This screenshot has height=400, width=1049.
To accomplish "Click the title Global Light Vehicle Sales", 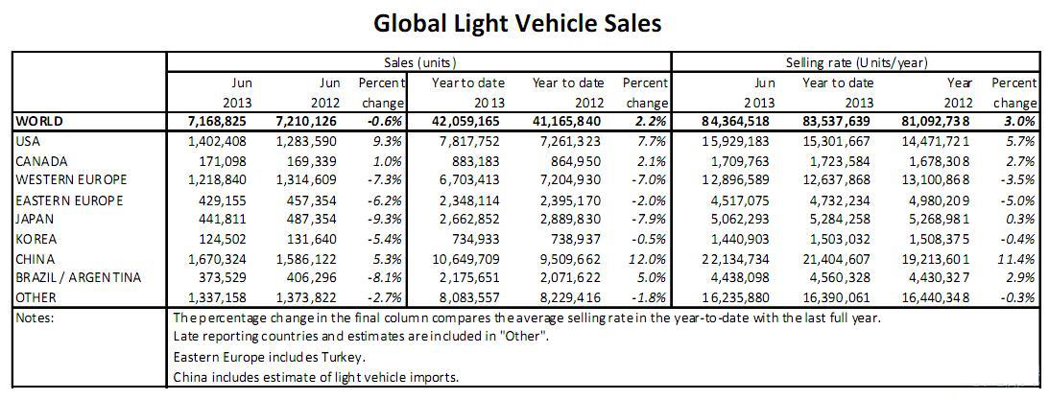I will point(517,23).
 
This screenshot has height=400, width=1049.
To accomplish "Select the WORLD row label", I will point(42,122).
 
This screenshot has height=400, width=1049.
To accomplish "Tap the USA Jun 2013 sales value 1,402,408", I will point(221,141).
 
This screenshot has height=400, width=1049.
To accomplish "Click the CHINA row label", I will point(36,259).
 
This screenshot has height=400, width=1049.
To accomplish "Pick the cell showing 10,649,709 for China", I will point(467,259).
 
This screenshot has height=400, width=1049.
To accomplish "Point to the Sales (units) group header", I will point(419,62).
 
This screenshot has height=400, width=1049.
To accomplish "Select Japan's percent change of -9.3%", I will point(389,220).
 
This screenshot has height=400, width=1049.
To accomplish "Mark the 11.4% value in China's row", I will point(1019,259).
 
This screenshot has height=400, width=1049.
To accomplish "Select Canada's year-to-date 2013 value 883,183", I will point(475,161).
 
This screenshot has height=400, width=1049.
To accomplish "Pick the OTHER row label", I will point(36,297).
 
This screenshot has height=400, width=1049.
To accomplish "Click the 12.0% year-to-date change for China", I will point(650,259).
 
